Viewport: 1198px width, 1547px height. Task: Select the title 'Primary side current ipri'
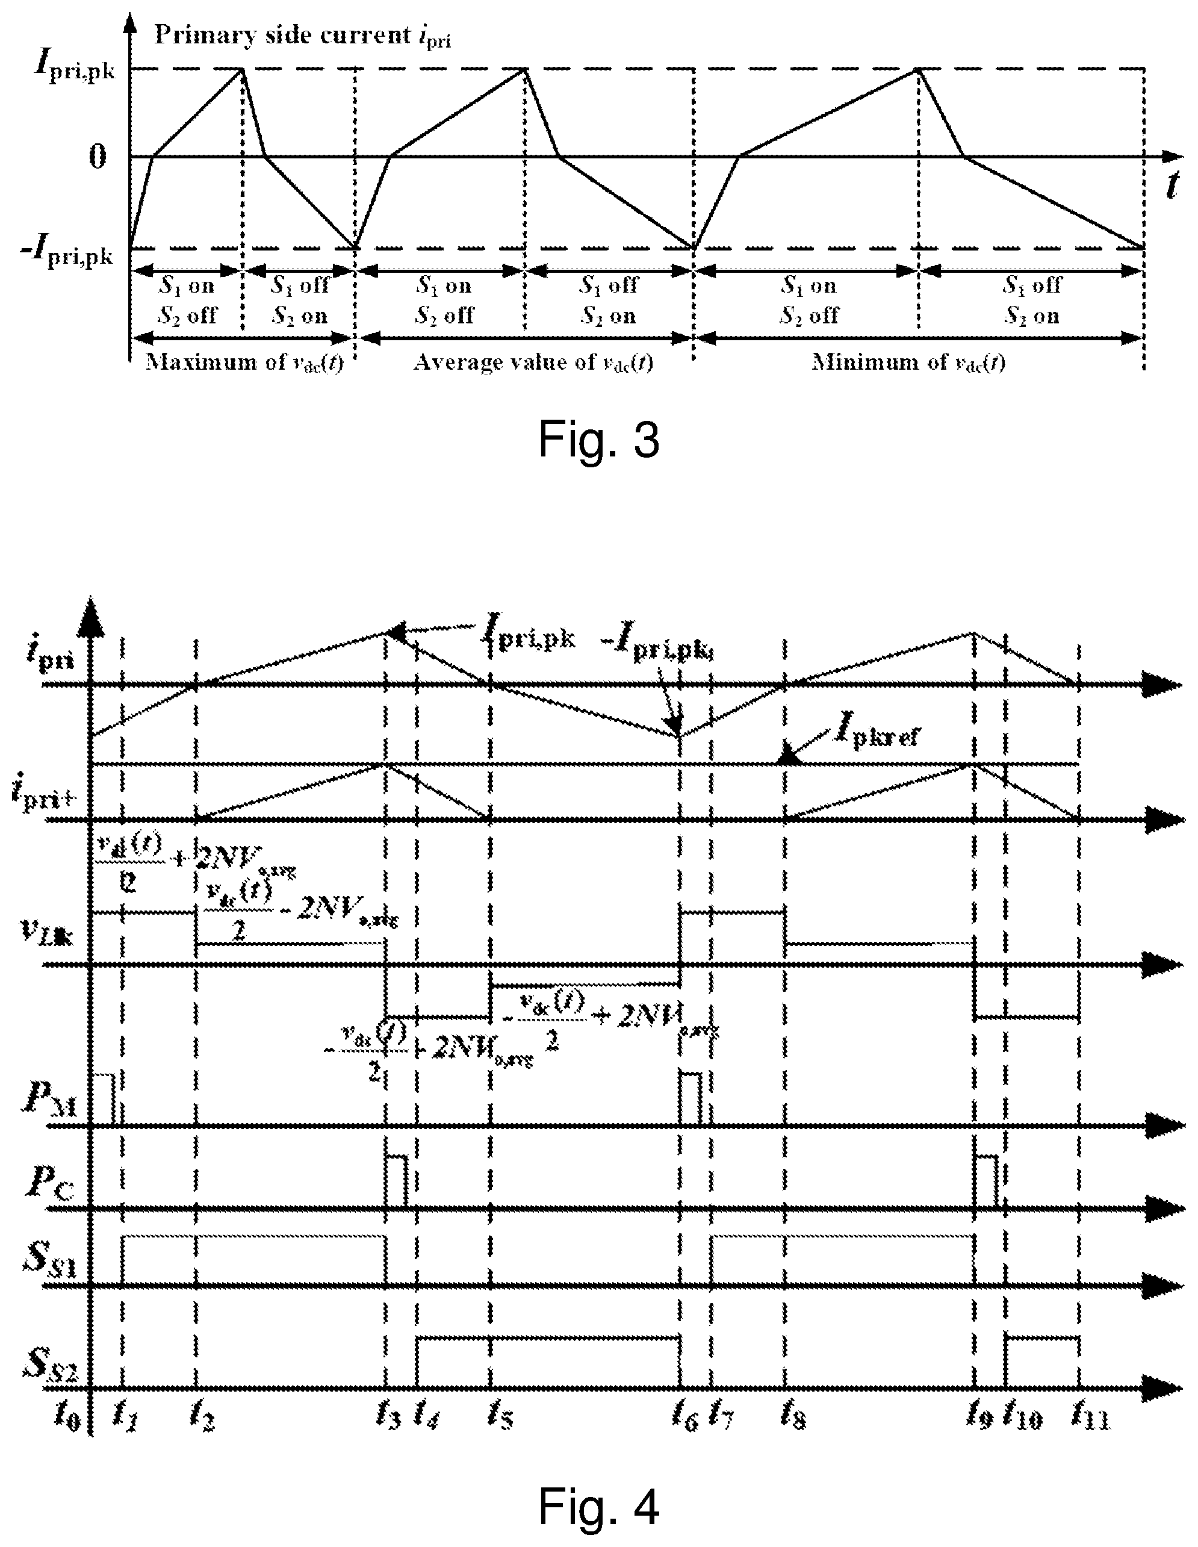point(302,36)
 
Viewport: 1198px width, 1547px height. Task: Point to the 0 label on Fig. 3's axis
point(98,157)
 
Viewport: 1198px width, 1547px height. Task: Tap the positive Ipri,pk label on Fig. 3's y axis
point(74,69)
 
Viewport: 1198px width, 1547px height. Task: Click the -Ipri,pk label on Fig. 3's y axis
point(67,252)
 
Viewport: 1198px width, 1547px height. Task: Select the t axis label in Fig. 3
point(1172,185)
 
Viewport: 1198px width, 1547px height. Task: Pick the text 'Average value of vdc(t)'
point(532,363)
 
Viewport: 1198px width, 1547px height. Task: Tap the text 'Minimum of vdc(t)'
point(908,363)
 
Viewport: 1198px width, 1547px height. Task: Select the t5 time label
point(500,1415)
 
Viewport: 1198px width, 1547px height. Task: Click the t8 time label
point(792,1415)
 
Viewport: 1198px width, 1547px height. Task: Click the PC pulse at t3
point(397,1180)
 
